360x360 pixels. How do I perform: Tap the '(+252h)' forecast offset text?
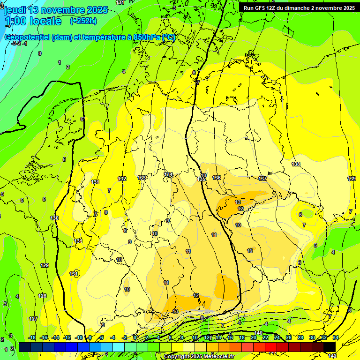tap(83, 21)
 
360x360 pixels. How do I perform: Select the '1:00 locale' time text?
tap(33, 21)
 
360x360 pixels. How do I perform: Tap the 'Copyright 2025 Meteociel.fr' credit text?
tap(199, 356)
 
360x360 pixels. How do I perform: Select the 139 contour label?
tap(352, 179)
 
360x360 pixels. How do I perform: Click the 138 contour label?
tap(296, 164)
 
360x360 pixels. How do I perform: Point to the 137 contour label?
tap(262, 179)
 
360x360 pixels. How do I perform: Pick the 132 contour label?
tap(122, 179)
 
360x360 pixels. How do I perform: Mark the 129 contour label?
tap(45, 265)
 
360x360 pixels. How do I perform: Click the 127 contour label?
tap(33, 319)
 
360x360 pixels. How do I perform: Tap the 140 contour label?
tap(258, 333)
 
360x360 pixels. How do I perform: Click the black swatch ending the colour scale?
tap(330, 346)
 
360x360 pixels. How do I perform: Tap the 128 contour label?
tap(42, 296)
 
